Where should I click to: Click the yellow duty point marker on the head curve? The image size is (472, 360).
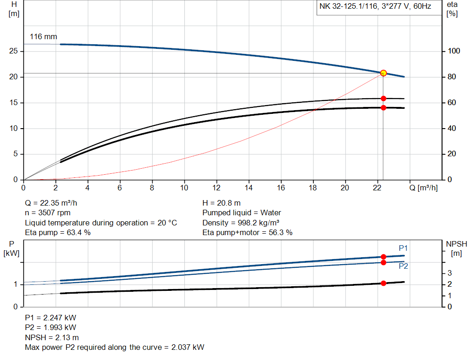pos(383,73)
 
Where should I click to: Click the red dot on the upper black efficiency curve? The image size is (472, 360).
pos(383,98)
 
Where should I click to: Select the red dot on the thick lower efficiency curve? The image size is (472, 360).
pos(383,107)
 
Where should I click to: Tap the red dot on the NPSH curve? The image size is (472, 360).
pos(383,283)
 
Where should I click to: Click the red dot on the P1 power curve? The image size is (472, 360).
pos(383,257)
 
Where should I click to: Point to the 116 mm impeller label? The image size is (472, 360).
pos(43,36)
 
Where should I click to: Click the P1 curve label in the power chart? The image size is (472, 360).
pos(403,248)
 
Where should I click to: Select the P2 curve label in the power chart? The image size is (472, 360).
pos(403,266)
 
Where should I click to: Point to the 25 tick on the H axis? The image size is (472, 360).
pos(14,51)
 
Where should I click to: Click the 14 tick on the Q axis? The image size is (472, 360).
pos(248,188)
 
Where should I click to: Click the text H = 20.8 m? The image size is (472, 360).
pos(221,203)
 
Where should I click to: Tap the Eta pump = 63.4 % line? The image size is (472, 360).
pos(58,232)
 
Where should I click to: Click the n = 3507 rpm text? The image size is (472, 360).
pos(48,213)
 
